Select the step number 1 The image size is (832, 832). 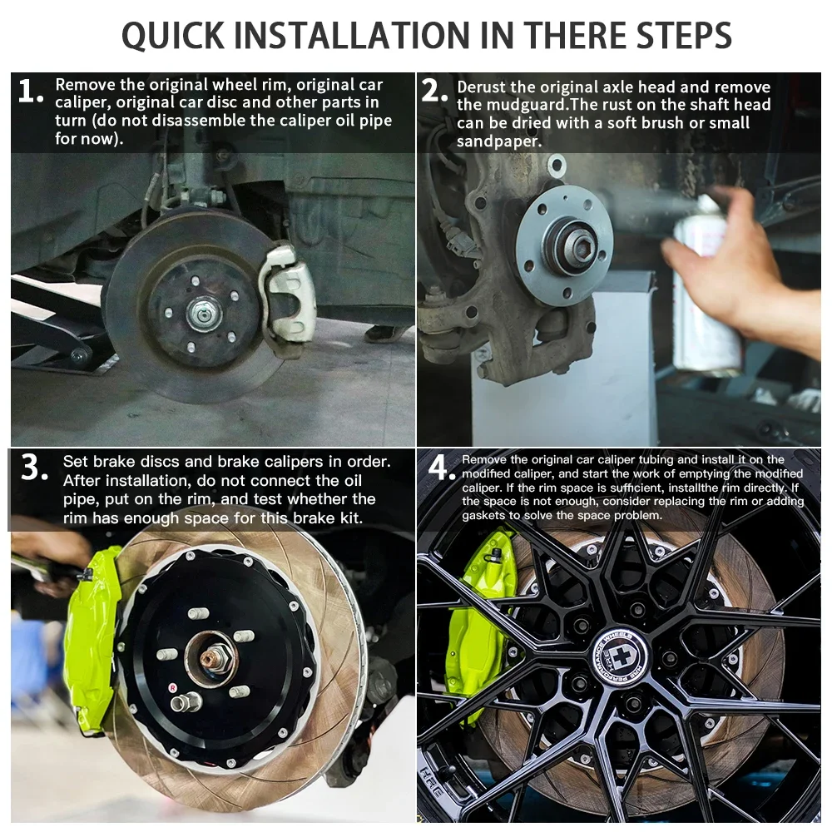pos(30,92)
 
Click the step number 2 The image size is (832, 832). pos(434,90)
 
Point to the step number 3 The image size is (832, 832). pos(34,468)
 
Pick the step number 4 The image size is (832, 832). pos(442,468)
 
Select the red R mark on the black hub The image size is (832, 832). pos(172,688)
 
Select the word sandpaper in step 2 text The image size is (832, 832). pos(498,141)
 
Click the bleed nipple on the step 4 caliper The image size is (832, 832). pos(496,554)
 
